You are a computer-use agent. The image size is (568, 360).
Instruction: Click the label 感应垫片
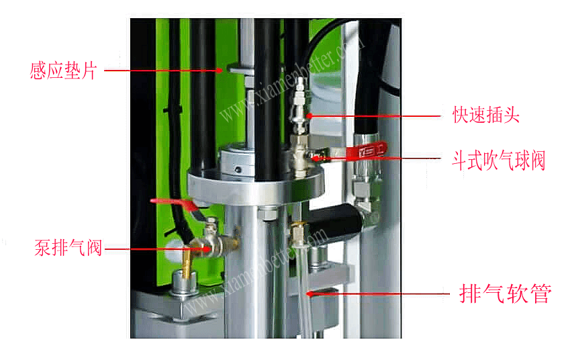(63, 71)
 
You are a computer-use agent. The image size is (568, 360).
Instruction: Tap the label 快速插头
(486, 115)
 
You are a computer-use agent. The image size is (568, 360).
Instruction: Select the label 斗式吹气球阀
(499, 161)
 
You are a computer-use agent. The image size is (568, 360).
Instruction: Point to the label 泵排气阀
(68, 248)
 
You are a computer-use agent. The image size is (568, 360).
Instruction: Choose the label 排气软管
(506, 294)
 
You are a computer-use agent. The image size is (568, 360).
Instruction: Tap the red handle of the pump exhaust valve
(175, 204)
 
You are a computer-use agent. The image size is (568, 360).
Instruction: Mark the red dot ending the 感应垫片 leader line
(220, 71)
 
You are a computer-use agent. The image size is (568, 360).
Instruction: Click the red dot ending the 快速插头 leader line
(310, 116)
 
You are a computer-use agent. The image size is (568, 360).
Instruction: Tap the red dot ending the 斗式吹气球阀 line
(316, 159)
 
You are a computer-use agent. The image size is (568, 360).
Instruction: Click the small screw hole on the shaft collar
(238, 169)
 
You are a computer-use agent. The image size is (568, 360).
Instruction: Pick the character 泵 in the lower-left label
(42, 248)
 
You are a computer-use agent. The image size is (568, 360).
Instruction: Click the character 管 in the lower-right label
(541, 294)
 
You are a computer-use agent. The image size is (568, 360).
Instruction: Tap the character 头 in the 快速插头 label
(512, 115)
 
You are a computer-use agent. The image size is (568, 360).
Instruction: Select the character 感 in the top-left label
(38, 71)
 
